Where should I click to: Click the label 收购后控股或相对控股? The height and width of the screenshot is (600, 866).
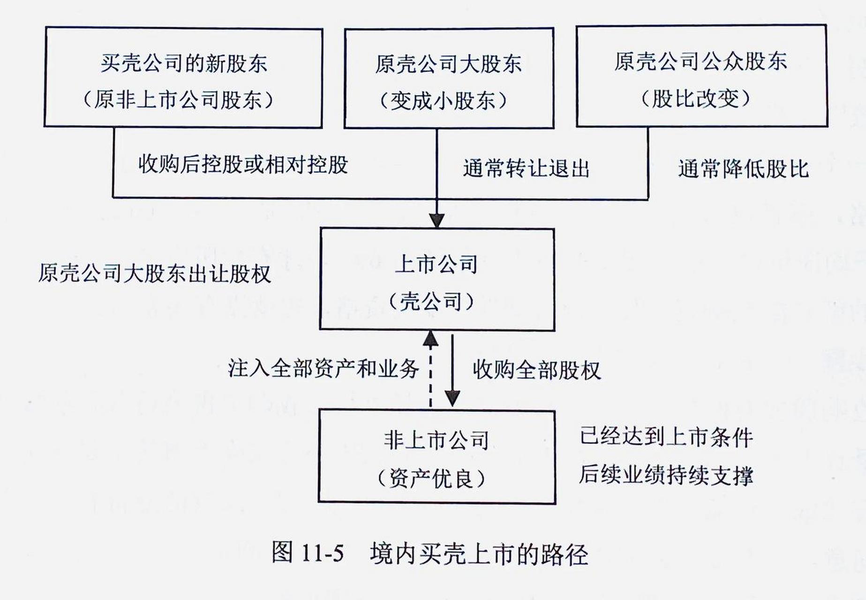[x=243, y=165]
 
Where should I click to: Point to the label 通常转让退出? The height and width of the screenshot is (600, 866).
[x=526, y=169]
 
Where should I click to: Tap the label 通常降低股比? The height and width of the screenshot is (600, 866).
[x=744, y=169]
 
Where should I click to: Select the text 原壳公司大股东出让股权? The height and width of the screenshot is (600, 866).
[x=155, y=273]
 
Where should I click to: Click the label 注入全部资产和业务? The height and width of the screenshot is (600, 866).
[x=324, y=368]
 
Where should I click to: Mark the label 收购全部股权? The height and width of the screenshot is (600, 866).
[x=536, y=370]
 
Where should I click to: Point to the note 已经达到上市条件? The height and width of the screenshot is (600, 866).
[x=666, y=437]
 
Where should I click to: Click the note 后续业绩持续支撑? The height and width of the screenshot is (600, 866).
[x=666, y=475]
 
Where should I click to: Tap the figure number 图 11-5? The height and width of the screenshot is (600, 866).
[x=308, y=553]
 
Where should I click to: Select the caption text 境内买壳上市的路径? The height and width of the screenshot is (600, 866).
[x=479, y=554]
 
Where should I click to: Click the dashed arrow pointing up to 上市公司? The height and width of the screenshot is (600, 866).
[x=430, y=369]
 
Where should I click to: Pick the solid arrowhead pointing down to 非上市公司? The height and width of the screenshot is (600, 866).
[x=452, y=398]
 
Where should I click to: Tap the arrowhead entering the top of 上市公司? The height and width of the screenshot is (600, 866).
[x=437, y=220]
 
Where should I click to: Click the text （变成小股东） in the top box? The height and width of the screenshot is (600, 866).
[x=443, y=100]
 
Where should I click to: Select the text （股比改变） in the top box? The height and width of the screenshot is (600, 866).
[x=696, y=99]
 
